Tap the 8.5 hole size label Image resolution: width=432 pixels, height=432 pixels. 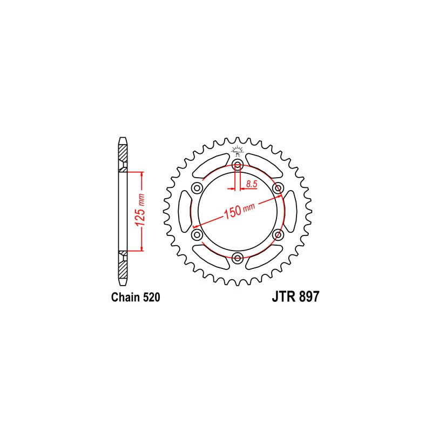251,185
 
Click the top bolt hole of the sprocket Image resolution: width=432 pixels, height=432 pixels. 238,165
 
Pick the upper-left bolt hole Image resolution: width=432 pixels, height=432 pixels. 197,188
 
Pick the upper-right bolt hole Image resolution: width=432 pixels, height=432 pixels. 278,188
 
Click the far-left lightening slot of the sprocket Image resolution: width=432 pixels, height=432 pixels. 184,211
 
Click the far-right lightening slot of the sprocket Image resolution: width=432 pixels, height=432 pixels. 292,211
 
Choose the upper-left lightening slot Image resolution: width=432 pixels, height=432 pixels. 211,165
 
